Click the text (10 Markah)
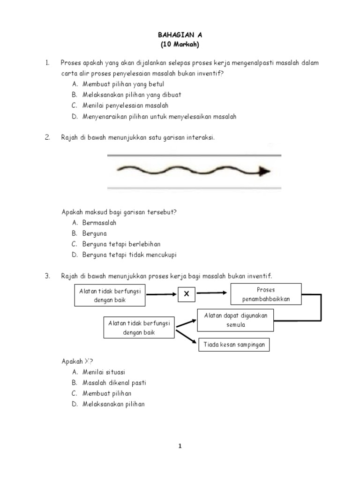coord(180,45)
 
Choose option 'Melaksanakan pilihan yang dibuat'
coord(132,95)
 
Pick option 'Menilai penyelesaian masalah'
coord(125,105)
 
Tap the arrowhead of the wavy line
coord(265,172)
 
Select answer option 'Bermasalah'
coord(99,223)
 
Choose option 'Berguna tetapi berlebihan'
coord(121,244)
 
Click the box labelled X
coord(186,294)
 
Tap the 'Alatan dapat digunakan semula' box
coord(235,320)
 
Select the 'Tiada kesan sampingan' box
coord(234,345)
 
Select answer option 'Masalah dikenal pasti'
coord(114,382)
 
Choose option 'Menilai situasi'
coord(104,372)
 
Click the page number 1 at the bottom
coord(180,447)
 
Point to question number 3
coord(47,276)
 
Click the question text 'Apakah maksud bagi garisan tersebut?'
coord(119,212)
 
